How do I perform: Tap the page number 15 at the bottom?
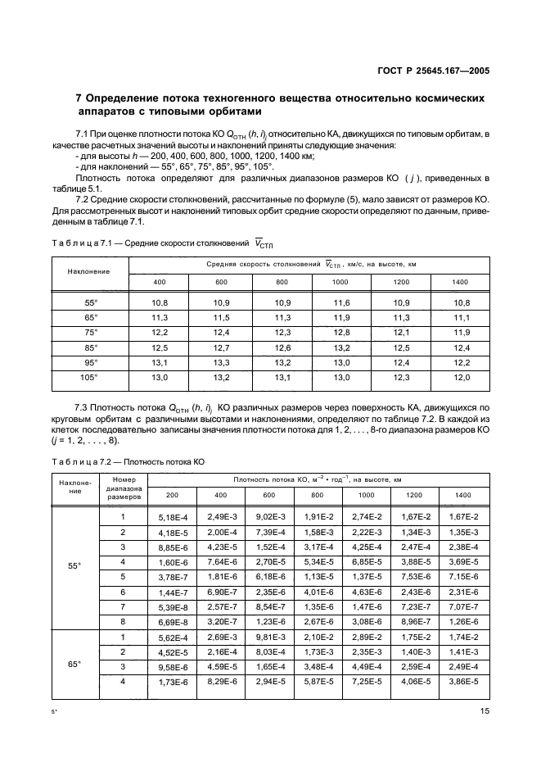click(x=485, y=711)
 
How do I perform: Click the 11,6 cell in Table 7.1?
click(x=341, y=303)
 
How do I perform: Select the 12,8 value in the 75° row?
click(x=341, y=333)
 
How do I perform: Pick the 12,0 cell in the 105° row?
click(x=462, y=377)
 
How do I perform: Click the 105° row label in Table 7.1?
click(x=90, y=377)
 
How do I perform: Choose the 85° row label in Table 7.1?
click(x=90, y=347)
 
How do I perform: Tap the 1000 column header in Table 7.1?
click(x=341, y=282)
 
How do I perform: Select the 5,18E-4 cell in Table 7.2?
click(x=172, y=517)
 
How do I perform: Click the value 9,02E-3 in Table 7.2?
click(x=268, y=517)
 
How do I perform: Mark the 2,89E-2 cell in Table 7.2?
click(x=366, y=636)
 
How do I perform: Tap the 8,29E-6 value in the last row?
click(x=220, y=680)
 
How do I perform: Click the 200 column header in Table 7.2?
click(x=172, y=495)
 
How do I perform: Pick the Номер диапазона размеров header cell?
click(x=123, y=488)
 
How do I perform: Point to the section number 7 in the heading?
click(x=79, y=98)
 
